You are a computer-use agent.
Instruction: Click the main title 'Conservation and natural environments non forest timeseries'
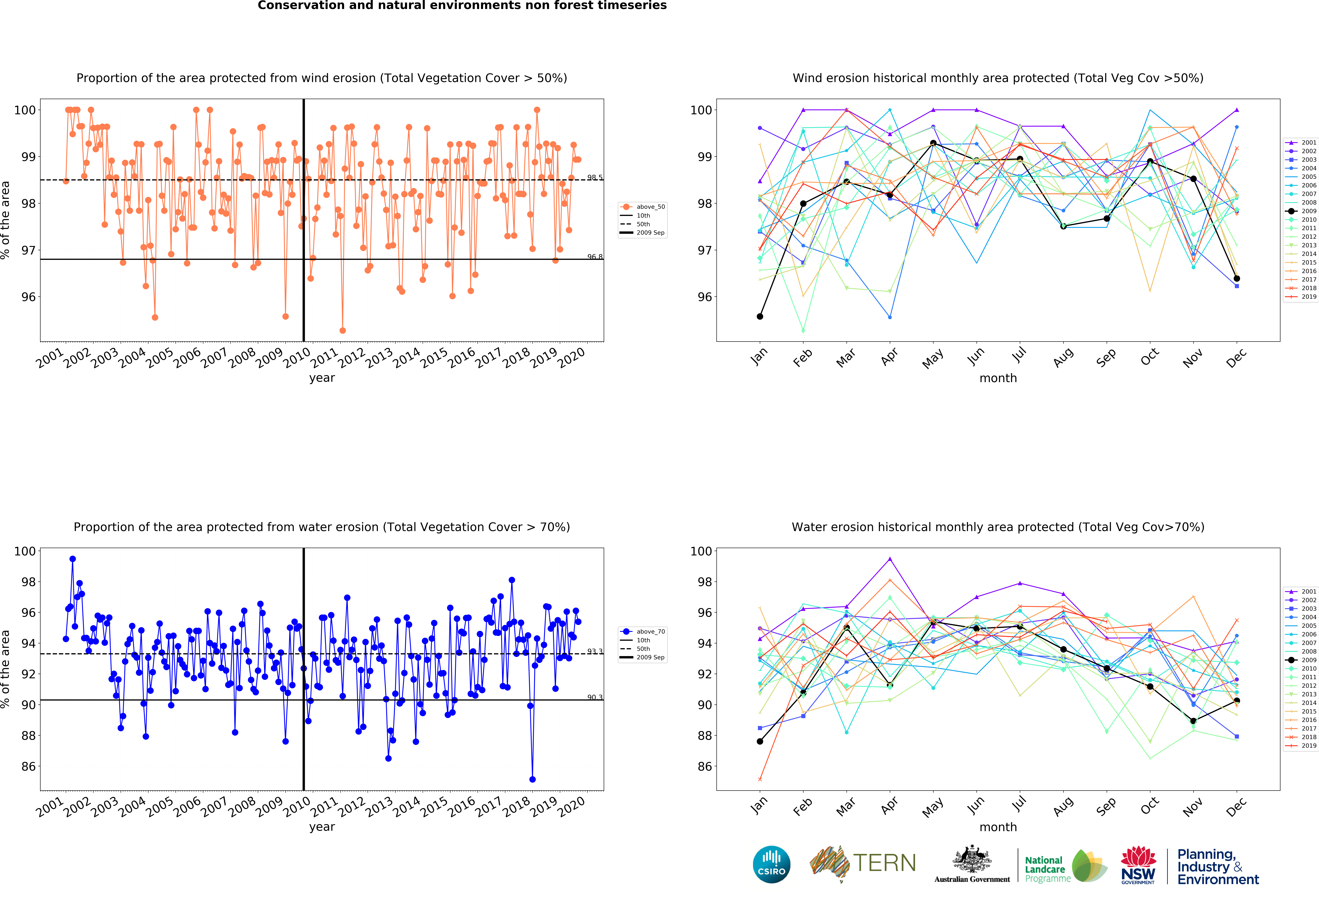(462, 6)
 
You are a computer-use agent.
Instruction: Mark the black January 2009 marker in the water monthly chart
(760, 741)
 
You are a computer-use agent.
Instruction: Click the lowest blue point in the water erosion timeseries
(532, 779)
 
